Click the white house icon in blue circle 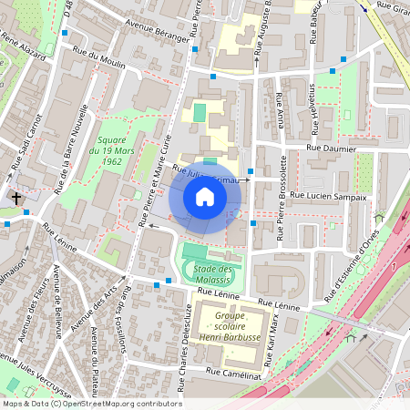[x=205, y=197]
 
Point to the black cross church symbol [x=16, y=197]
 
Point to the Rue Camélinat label [x=237, y=373]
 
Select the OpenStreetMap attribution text [x=91, y=403]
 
